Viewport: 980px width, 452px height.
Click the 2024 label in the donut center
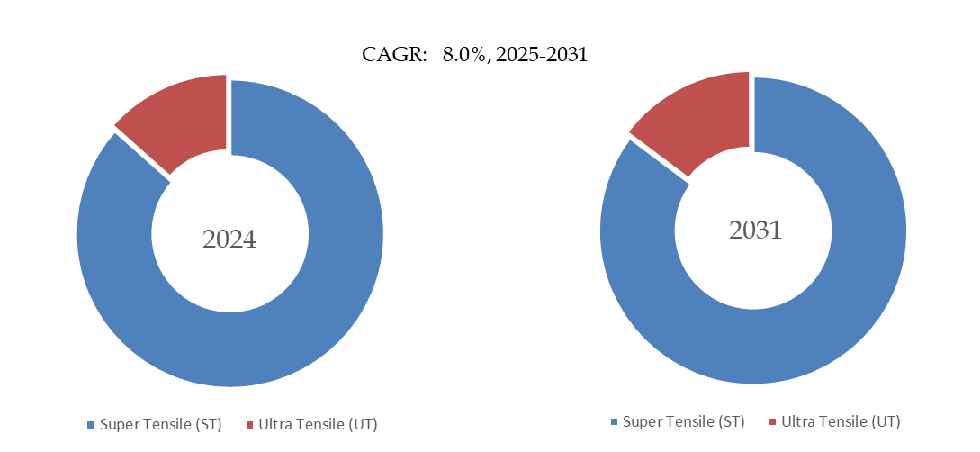click(229, 240)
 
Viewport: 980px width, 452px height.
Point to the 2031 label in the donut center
click(755, 231)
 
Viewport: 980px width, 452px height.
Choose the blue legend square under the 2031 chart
click(614, 421)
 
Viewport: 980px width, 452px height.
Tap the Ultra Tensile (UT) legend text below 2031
click(841, 421)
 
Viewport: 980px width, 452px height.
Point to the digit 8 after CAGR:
click(447, 55)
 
